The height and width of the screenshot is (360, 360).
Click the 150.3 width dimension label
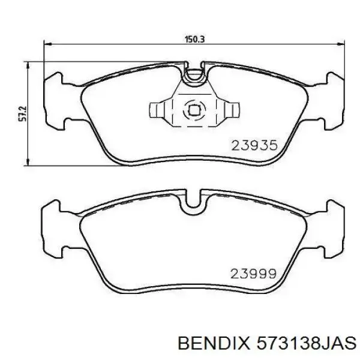click(x=194, y=39)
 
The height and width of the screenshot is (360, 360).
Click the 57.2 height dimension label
click(x=23, y=113)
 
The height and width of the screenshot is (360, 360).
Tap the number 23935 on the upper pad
click(x=254, y=145)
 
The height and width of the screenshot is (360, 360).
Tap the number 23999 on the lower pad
click(x=253, y=274)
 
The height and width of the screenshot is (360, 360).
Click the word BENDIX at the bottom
click(x=213, y=344)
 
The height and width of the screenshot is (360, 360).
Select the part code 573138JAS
click(x=306, y=344)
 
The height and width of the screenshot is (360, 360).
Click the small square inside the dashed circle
click(x=194, y=110)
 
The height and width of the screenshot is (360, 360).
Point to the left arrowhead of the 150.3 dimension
click(x=47, y=43)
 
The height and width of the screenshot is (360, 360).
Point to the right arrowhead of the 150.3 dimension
click(x=340, y=43)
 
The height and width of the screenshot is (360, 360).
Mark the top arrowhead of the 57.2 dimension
click(x=28, y=65)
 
